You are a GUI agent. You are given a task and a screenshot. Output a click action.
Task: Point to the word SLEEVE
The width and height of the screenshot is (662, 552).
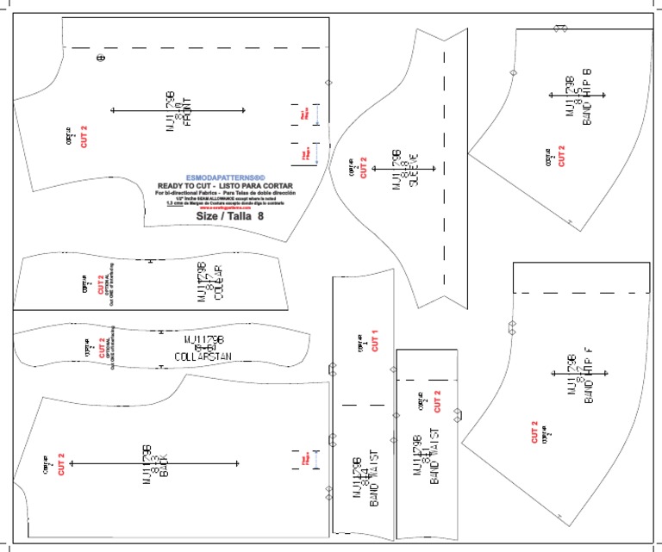coord(413,171)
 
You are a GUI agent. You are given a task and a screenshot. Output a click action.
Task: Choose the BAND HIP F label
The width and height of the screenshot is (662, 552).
coord(589,375)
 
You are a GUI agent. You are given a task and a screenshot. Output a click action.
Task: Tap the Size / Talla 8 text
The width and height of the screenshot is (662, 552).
coord(229,217)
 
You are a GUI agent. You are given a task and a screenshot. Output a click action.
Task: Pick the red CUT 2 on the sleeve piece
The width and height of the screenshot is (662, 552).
coord(364,167)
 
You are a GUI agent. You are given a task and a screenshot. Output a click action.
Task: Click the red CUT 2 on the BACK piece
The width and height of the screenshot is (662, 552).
coord(60,464)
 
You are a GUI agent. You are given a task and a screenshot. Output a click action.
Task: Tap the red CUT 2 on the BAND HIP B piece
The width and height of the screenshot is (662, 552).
coord(561,156)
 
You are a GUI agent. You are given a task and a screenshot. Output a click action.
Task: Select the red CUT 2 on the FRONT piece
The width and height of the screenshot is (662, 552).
coord(84,137)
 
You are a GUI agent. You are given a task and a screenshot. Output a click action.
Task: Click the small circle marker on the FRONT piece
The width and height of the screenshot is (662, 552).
coord(100,58)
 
